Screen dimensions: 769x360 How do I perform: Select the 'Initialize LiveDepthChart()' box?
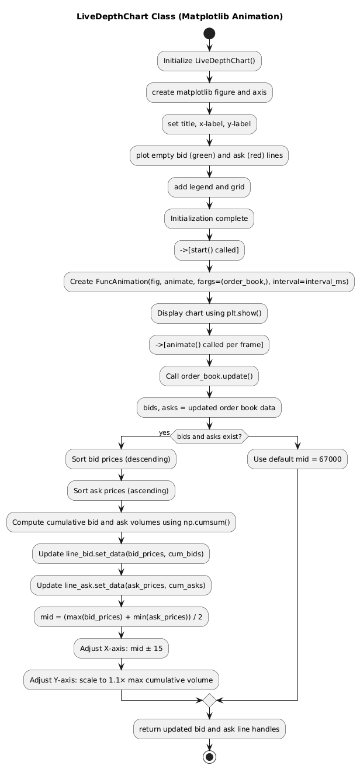tap(209, 61)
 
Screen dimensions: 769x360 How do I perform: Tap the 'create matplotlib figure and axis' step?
tap(209, 92)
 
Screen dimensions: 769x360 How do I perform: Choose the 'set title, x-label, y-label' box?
tap(209, 124)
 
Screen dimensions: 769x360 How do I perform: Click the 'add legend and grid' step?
tap(209, 187)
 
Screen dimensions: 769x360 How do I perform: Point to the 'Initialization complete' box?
tap(209, 219)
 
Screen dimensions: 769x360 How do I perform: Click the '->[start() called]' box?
tap(209, 250)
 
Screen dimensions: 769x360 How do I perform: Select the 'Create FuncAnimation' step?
tap(209, 282)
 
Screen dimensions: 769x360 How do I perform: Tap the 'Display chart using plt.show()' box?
tap(209, 313)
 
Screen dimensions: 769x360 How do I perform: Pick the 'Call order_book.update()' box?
tap(209, 376)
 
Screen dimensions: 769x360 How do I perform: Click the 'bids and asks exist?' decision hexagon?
tap(209, 436)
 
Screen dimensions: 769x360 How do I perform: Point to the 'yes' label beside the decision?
tap(164, 433)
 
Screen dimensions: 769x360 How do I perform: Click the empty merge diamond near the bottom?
tap(209, 700)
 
